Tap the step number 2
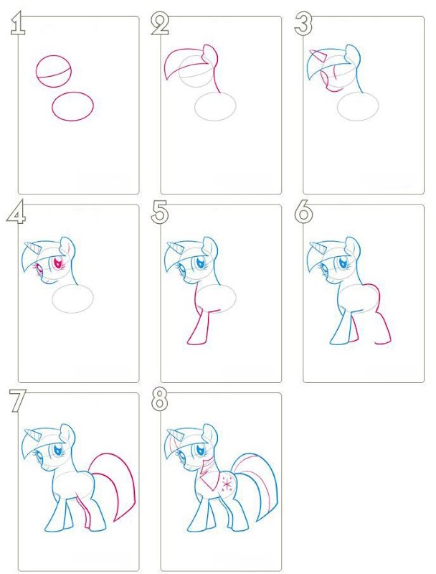click(160, 24)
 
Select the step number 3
click(303, 24)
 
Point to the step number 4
click(16, 212)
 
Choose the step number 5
click(160, 212)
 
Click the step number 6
click(303, 212)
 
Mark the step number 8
click(159, 400)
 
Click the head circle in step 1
click(36, 71)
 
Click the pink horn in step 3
click(317, 55)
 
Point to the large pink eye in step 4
click(58, 263)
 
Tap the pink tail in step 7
click(124, 472)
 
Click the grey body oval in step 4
click(52, 298)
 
